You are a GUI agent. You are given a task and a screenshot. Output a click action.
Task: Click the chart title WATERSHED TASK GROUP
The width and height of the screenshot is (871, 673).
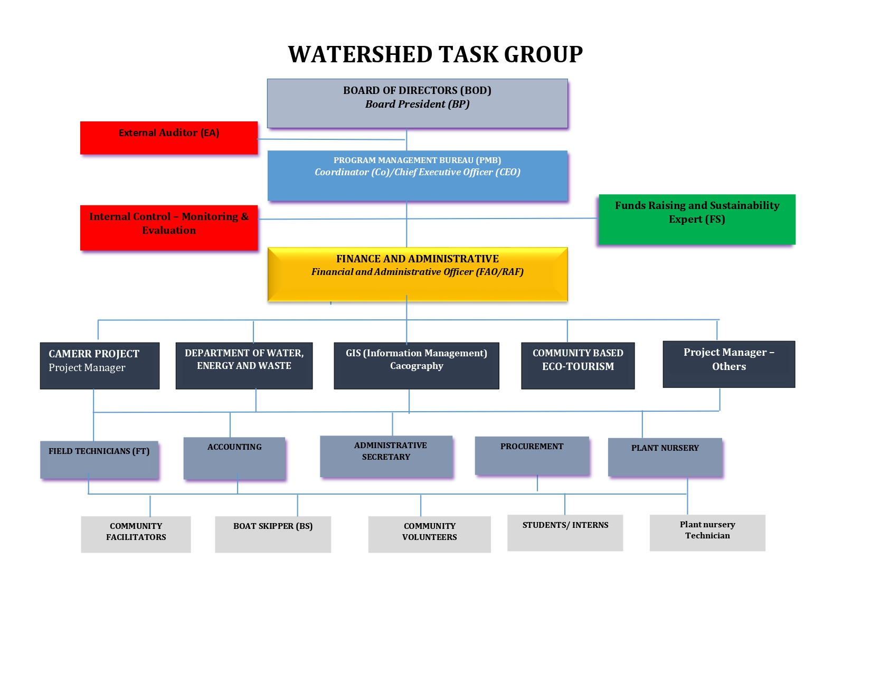435,54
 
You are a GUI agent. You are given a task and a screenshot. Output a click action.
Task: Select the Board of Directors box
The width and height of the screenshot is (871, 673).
417,103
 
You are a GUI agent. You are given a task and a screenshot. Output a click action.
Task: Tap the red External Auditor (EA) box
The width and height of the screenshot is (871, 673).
169,138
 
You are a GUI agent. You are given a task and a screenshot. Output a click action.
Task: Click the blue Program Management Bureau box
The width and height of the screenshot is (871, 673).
417,176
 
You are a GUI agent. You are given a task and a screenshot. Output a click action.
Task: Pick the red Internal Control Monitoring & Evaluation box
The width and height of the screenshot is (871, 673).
169,228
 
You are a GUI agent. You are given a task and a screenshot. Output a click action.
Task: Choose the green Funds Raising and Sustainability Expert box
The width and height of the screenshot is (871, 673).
697,219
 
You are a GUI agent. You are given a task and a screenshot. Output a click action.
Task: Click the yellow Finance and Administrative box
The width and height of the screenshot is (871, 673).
417,274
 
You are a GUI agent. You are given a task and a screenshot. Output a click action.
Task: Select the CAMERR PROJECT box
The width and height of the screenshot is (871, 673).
100,366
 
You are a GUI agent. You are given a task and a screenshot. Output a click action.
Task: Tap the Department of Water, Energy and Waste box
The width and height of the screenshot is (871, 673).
244,366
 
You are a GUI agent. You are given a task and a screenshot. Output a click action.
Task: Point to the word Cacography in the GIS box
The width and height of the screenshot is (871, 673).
416,366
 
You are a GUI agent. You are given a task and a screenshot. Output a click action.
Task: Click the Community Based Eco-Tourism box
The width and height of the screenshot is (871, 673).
577,366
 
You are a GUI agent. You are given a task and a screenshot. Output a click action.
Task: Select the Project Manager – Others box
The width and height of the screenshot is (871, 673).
728,364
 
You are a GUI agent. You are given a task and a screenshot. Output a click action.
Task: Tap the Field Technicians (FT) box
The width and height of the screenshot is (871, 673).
99,460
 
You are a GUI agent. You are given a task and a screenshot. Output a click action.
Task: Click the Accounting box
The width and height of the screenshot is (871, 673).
234,458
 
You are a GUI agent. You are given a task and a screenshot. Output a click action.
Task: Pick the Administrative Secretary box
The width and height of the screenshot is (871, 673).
386,457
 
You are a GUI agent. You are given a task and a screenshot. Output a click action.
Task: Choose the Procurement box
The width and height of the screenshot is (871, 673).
532,456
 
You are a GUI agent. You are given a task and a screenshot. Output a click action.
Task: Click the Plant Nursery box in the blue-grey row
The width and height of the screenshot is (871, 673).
665,457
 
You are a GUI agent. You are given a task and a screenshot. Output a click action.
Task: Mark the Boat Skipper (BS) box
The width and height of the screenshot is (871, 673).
273,534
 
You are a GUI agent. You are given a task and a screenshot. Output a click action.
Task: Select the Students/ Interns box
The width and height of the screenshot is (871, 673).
565,533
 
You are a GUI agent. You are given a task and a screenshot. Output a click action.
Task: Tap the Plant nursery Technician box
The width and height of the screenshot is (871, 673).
707,533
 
